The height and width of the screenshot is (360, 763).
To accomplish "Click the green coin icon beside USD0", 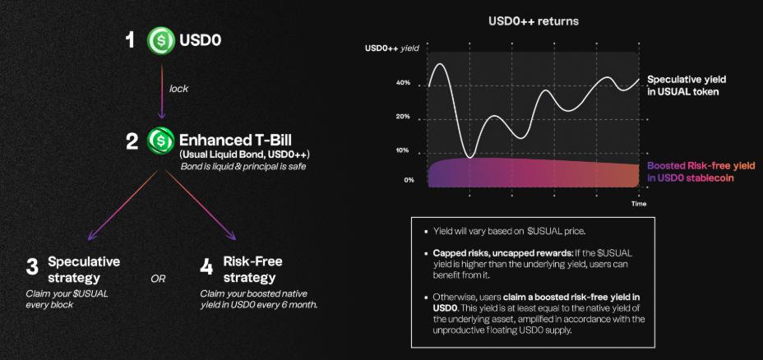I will coord(161,40).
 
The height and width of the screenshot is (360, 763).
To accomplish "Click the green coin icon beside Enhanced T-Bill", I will coord(161,141).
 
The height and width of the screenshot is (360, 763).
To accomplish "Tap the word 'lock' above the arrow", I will coord(180,88).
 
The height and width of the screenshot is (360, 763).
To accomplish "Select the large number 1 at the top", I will coord(130,40).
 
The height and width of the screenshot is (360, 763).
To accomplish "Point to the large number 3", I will coord(32,267).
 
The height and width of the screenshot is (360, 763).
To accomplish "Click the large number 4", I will coord(207,267).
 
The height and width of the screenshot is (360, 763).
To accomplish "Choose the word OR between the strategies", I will coord(158,279).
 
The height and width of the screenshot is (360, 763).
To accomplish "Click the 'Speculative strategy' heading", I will coord(83,270).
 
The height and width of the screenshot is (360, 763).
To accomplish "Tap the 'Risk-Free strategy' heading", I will coord(252,270).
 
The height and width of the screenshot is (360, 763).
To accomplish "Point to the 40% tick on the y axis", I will coord(403,83).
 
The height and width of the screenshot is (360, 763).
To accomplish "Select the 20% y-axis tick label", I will coord(403,117).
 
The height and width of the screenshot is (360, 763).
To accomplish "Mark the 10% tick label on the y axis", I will coord(403,150).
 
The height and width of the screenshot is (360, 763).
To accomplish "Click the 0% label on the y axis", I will coord(409,179).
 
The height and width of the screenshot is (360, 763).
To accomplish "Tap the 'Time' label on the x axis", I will coord(639,203).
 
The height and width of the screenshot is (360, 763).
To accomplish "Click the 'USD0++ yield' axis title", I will coord(392,48).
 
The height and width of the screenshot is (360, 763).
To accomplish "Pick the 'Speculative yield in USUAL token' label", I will coord(686,85).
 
